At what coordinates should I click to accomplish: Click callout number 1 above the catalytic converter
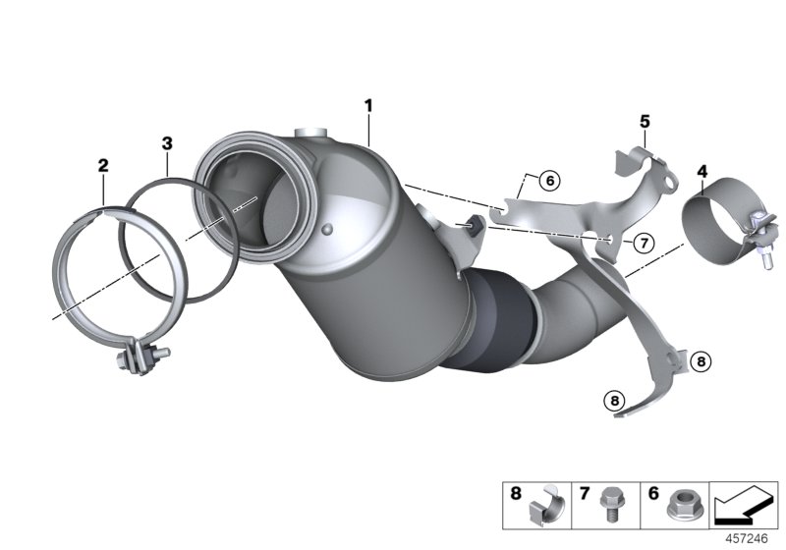(368, 104)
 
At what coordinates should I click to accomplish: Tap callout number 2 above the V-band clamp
(103, 167)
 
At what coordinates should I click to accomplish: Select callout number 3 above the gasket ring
(167, 143)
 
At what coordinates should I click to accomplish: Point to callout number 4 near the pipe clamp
(702, 173)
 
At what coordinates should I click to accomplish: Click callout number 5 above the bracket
(645, 121)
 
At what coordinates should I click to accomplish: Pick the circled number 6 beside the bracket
(548, 181)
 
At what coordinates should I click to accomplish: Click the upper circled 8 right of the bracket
(700, 361)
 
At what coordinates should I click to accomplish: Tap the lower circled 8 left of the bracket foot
(613, 400)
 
